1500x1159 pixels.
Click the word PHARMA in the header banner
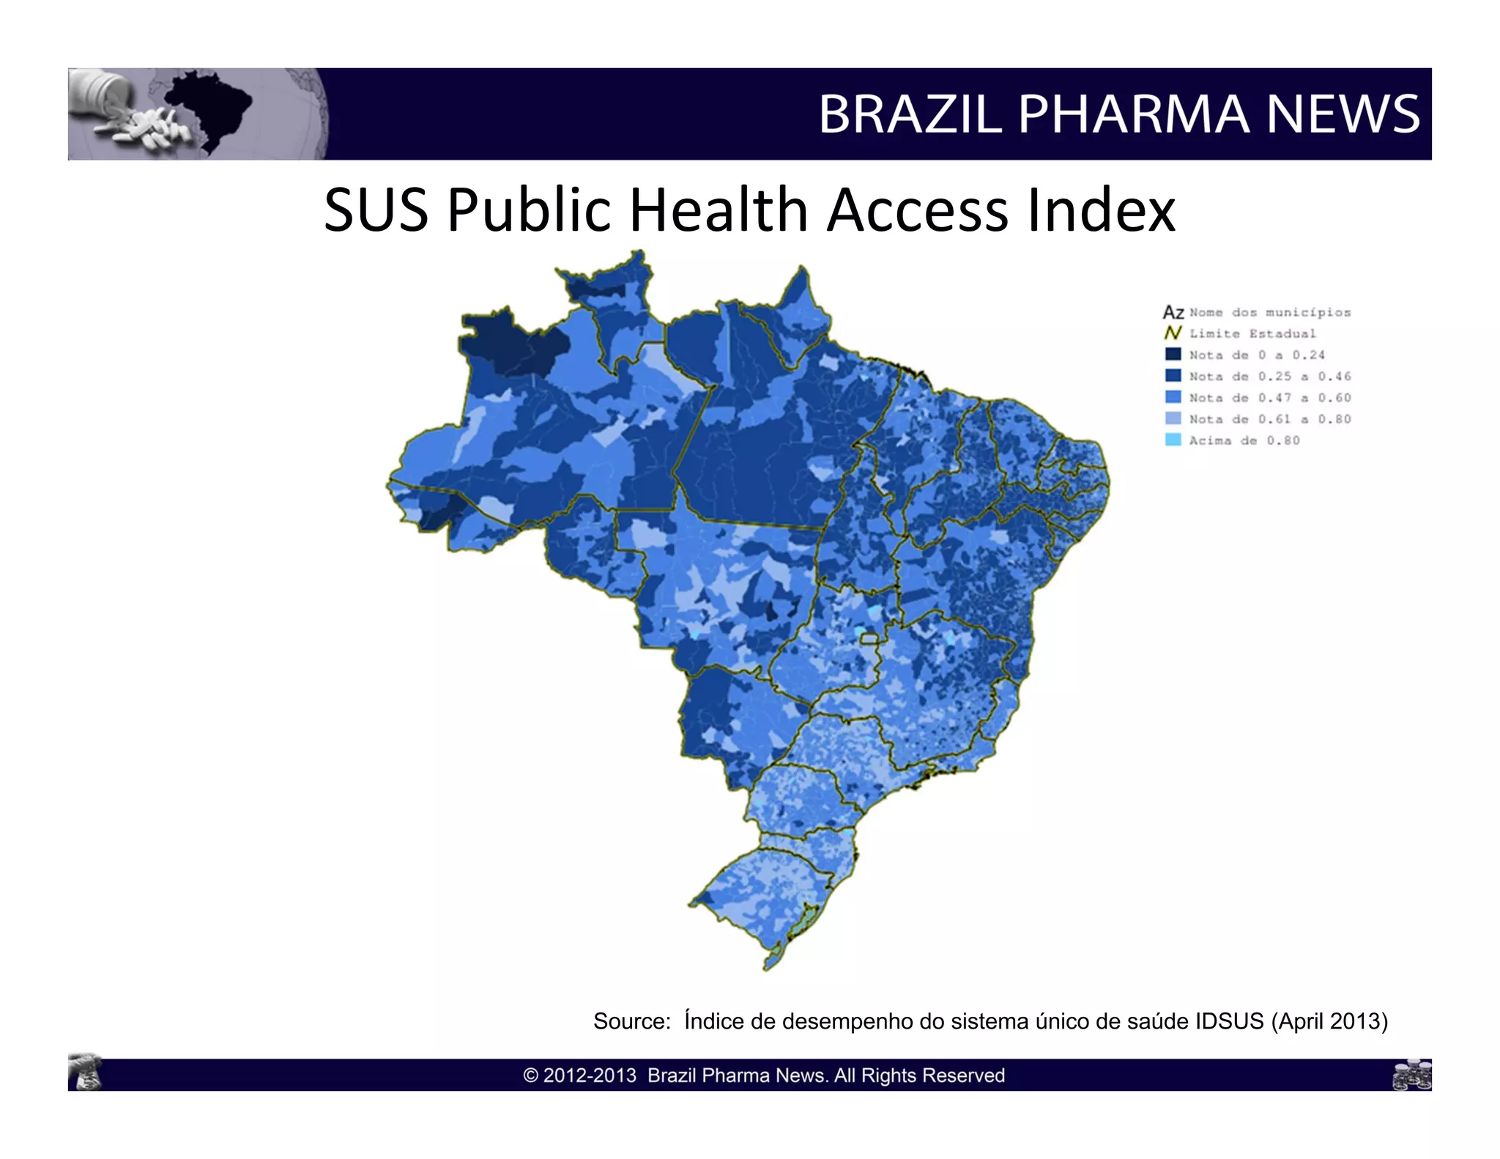click(x=1134, y=114)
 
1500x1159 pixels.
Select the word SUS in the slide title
click(x=376, y=210)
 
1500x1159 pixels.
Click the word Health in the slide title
click(x=719, y=210)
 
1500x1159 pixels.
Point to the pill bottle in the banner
click(x=103, y=92)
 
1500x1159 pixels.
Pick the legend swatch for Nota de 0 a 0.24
click(x=1173, y=355)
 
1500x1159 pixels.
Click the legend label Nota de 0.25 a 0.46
click(x=1269, y=377)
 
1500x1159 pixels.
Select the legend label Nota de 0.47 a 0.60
click(x=1269, y=398)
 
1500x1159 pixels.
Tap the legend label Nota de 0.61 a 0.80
click(x=1269, y=419)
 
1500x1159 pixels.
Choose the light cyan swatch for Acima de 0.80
click(x=1173, y=440)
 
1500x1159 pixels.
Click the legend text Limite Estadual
click(x=1252, y=334)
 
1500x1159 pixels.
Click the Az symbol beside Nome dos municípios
click(x=1173, y=313)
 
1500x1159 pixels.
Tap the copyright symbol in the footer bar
click(x=531, y=1075)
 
